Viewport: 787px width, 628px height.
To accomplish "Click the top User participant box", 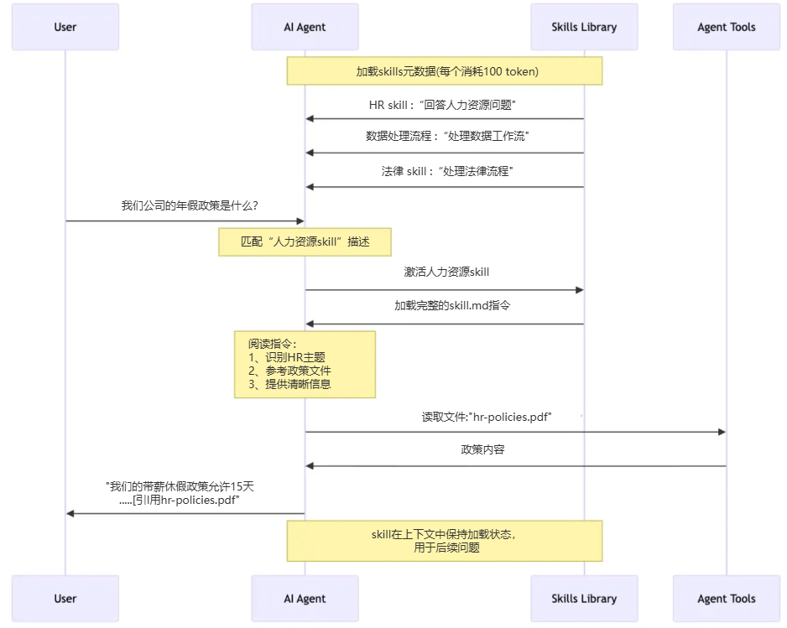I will coord(65,27).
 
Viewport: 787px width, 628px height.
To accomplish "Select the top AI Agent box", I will coord(305,27).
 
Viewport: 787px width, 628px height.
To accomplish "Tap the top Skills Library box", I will coord(584,27).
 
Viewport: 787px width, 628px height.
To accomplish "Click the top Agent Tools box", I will coord(727,27).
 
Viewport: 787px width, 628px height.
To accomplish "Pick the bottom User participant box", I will coord(65,599).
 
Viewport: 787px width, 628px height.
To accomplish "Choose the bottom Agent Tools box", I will coord(727,599).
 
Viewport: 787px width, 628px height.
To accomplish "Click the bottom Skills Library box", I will coord(584,599).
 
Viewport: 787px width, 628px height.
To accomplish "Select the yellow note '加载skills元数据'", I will coord(445,71).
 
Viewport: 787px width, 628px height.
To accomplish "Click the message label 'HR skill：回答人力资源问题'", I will coord(442,105).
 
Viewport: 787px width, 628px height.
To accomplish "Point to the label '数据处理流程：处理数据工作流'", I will coord(447,136).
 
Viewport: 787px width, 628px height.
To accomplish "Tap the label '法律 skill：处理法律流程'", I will coord(446,171).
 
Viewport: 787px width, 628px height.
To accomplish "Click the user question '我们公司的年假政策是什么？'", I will coord(190,205).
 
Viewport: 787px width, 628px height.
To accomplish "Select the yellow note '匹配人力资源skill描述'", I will coord(305,241).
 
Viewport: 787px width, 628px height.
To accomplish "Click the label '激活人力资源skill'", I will coord(446,272).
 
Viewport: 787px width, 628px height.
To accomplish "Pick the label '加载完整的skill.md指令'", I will coord(452,306).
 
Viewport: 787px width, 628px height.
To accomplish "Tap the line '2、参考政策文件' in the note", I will coord(289,371).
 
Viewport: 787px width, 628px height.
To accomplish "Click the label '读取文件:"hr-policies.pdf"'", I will coord(487,417).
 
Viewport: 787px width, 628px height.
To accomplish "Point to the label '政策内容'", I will coord(482,450).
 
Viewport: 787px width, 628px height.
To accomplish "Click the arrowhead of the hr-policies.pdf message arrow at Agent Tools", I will coord(722,432).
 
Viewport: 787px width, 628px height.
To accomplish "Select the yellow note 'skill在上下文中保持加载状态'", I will coord(445,541).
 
